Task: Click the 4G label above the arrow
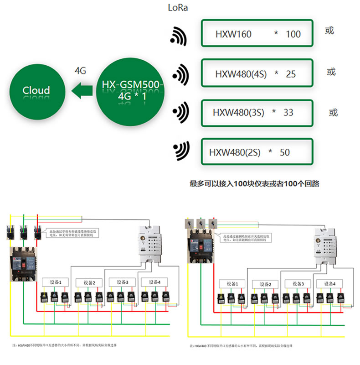pyautogui.click(x=80, y=71)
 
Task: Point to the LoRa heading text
pyautogui.click(x=178, y=8)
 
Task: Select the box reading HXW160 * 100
pyautogui.click(x=257, y=34)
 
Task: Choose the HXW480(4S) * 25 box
pyautogui.click(x=257, y=73)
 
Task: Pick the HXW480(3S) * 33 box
pyautogui.click(x=257, y=112)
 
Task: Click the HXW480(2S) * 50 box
pyautogui.click(x=257, y=152)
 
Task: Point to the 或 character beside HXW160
pyautogui.click(x=329, y=31)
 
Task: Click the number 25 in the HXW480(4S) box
pyautogui.click(x=291, y=74)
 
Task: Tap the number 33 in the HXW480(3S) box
pyautogui.click(x=288, y=113)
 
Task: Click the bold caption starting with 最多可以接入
pyautogui.click(x=254, y=184)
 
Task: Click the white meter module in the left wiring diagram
pyautogui.click(x=149, y=244)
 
